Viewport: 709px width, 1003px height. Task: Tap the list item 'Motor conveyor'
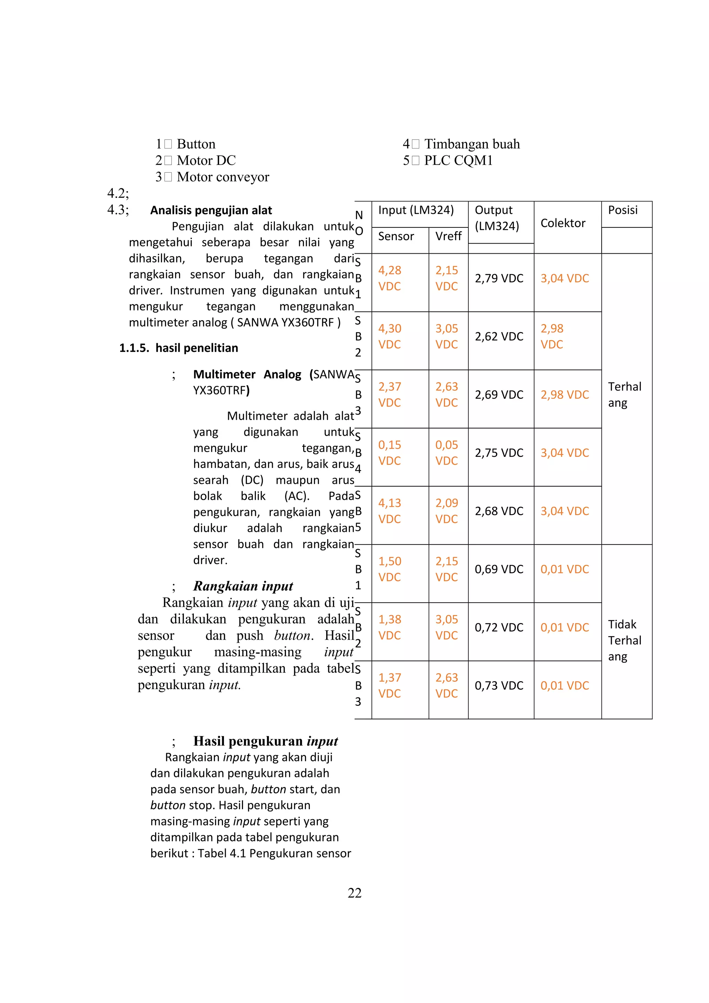coord(223,177)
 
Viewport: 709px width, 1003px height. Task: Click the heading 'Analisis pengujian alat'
coord(211,210)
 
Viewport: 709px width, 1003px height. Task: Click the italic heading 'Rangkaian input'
coord(243,586)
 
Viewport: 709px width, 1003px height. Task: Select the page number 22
coord(354,893)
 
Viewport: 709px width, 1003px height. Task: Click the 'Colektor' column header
coord(563,223)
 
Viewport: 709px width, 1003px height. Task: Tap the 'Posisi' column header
coord(622,210)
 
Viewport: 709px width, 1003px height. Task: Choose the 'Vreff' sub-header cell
coord(448,236)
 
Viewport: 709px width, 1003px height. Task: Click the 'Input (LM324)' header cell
coord(416,210)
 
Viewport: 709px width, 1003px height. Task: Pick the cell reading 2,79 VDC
coord(499,278)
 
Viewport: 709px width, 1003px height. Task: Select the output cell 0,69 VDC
coord(499,569)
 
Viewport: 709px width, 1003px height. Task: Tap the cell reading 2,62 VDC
coord(499,336)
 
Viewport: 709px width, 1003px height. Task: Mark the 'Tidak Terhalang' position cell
coord(625,640)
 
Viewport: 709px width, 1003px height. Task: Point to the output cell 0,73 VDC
coord(499,685)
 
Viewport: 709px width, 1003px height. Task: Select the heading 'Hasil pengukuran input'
coord(266,741)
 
